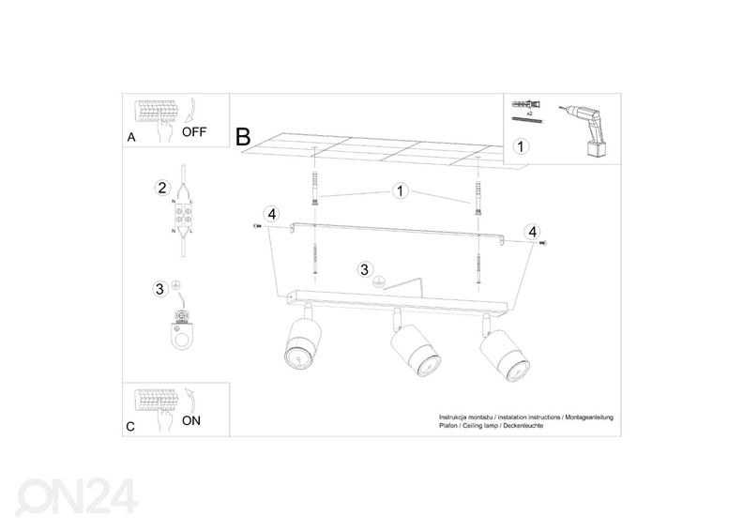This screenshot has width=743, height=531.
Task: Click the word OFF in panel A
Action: point(193,132)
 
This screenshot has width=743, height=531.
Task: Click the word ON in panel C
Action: point(190,420)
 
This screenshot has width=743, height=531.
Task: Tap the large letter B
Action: point(244,137)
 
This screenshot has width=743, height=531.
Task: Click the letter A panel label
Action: point(130,138)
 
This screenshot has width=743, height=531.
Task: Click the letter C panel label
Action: point(130,427)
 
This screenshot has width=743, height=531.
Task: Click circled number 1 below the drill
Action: point(522,147)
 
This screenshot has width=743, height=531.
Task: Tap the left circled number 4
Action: point(271,214)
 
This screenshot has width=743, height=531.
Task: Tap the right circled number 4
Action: point(532,231)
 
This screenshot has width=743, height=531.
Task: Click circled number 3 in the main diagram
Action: point(364,269)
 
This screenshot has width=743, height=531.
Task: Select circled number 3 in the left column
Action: point(160,288)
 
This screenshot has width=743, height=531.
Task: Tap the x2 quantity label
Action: point(529,112)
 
